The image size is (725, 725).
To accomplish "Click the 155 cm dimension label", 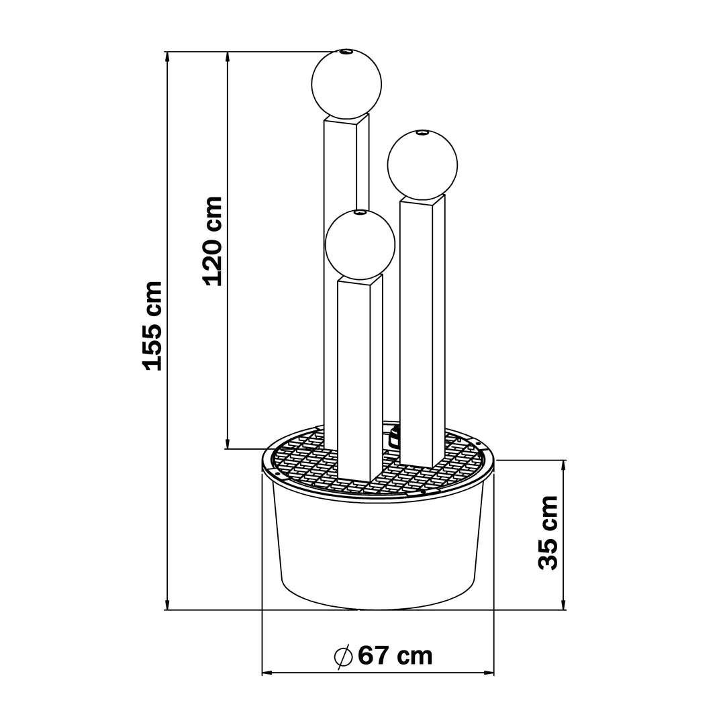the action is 153,326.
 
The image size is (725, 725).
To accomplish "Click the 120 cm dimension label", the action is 213,241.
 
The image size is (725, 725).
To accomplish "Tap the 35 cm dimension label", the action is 548,532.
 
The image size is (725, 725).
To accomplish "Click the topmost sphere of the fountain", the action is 346,84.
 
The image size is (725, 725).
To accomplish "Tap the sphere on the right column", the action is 422,165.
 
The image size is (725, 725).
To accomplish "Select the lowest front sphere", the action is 360,244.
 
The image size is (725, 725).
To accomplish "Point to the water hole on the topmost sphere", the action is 346,51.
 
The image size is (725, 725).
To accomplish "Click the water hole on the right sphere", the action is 422,133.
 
